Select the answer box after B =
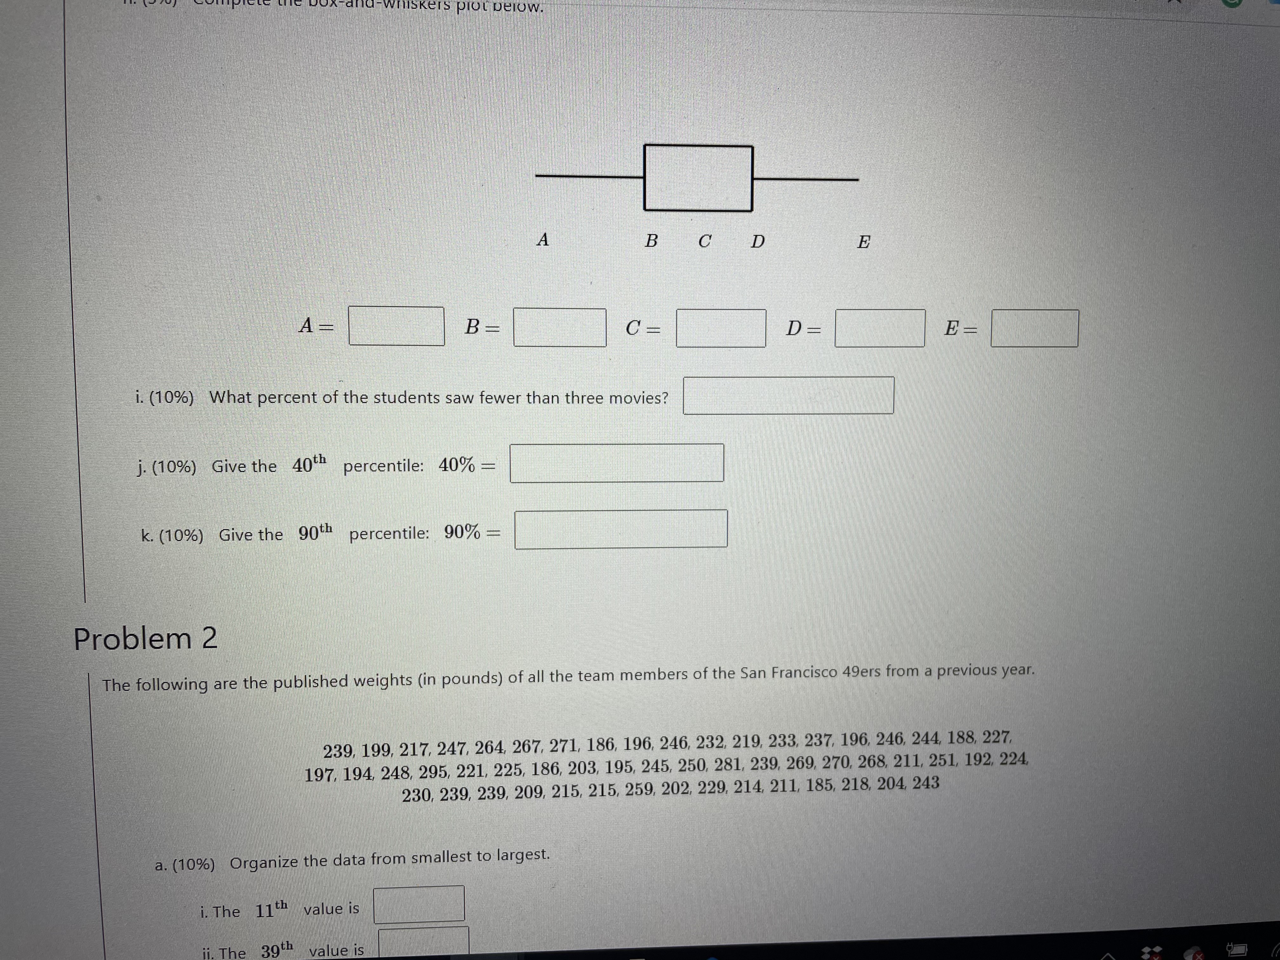(x=560, y=328)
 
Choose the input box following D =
(x=880, y=328)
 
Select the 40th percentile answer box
(x=616, y=463)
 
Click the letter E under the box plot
(x=863, y=242)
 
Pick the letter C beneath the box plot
(x=704, y=241)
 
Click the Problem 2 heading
(x=145, y=639)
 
